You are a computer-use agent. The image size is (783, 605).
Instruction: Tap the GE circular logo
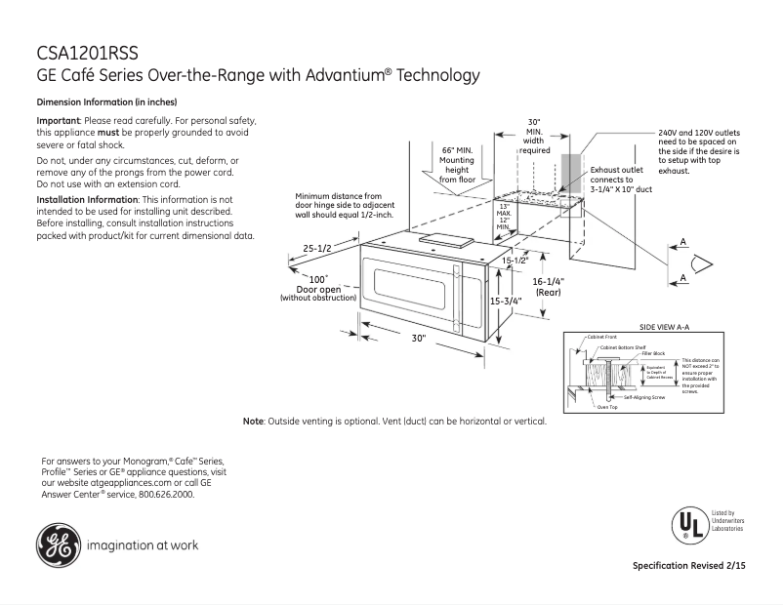click(x=59, y=545)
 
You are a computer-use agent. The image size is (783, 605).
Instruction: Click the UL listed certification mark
click(x=687, y=525)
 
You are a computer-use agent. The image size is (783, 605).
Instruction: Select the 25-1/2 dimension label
click(x=316, y=249)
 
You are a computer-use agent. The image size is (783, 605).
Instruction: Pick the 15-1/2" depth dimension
click(x=515, y=261)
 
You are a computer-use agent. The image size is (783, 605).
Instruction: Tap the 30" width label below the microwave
click(x=419, y=339)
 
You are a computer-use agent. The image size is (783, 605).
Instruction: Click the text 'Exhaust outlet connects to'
click(x=616, y=175)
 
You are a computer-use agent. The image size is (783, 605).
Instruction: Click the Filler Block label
click(x=653, y=352)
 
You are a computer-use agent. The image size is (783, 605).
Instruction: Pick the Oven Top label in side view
click(x=606, y=407)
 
